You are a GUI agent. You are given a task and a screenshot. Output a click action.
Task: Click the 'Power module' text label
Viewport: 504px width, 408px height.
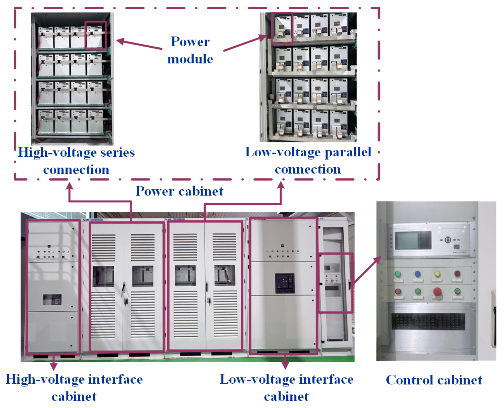point(190,50)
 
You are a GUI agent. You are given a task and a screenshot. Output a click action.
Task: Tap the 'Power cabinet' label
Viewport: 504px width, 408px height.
point(179,191)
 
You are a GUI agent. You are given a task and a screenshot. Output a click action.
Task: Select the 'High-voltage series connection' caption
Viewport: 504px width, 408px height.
point(76,161)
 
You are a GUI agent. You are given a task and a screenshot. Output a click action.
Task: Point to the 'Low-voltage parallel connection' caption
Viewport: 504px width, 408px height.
point(308,160)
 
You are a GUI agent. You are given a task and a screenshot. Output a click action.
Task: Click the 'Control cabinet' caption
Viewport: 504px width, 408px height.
point(434,380)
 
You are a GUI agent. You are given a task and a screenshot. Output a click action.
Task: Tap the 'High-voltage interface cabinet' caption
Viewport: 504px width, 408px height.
point(74,387)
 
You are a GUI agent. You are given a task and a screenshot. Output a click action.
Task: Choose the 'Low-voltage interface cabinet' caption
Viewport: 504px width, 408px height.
point(287,387)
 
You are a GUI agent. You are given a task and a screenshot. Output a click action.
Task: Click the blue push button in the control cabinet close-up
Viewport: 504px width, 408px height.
point(417,274)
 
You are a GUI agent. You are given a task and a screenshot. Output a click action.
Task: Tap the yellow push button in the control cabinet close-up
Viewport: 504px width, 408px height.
point(437,274)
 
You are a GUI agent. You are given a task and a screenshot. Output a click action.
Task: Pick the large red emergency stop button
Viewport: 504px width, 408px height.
point(437,291)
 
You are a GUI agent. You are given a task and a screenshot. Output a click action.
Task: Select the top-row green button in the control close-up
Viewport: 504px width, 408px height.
point(398,274)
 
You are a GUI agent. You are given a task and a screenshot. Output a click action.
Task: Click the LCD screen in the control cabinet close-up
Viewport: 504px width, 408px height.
point(413,240)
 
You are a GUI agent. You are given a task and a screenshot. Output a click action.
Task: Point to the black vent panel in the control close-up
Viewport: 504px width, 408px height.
point(428,322)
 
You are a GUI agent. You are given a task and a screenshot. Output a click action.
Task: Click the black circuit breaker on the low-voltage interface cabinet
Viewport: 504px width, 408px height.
point(285,284)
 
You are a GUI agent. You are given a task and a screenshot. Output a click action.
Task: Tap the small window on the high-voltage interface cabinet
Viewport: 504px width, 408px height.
point(52,300)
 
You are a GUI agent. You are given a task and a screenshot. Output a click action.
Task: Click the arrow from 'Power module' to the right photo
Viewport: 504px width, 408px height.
point(245,43)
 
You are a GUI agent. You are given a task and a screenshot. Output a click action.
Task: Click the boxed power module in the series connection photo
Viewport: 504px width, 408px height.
point(95,35)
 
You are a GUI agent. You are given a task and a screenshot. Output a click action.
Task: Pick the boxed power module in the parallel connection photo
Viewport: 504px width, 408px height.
point(282,28)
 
